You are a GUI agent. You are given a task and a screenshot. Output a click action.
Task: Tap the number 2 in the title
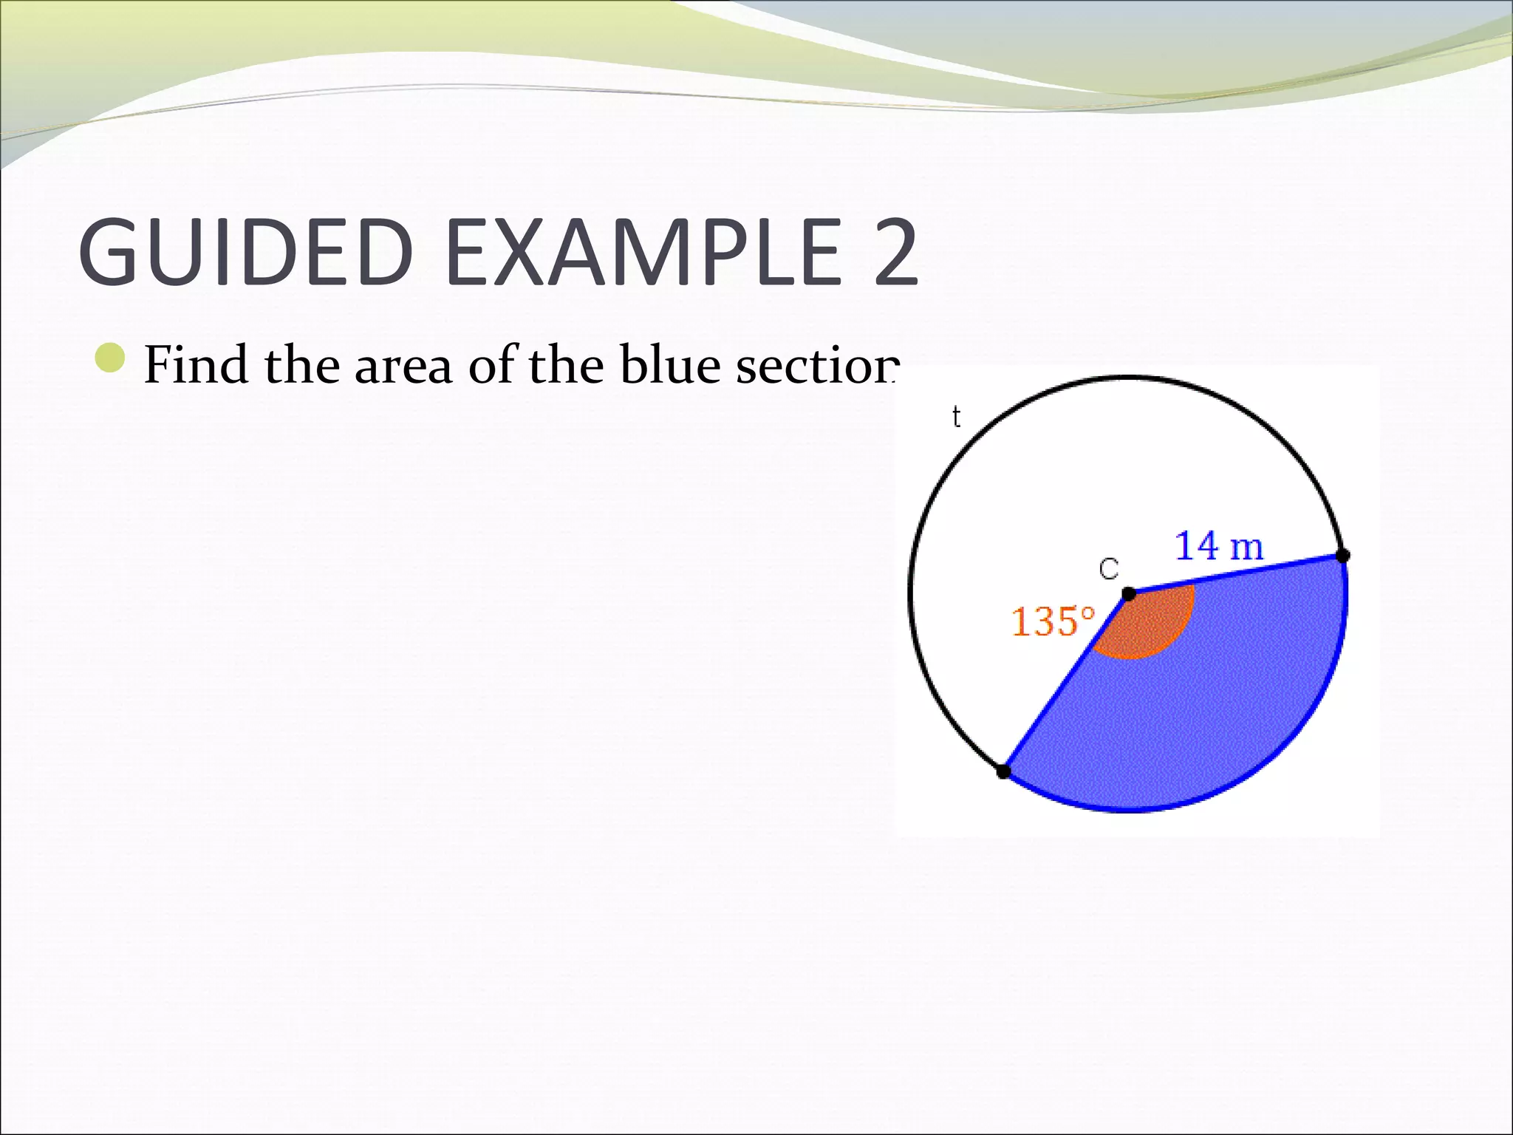895,252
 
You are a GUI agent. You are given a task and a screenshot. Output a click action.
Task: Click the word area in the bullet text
403,366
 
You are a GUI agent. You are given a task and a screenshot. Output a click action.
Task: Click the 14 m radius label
1219,546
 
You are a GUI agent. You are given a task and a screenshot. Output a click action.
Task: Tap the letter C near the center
1109,569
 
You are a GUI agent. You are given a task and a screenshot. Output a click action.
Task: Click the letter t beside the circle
956,417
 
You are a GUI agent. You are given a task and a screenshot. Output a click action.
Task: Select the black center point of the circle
1129,594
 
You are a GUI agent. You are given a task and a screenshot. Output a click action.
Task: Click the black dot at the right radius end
1343,556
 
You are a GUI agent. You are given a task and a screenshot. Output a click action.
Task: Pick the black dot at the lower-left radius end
1003,771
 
